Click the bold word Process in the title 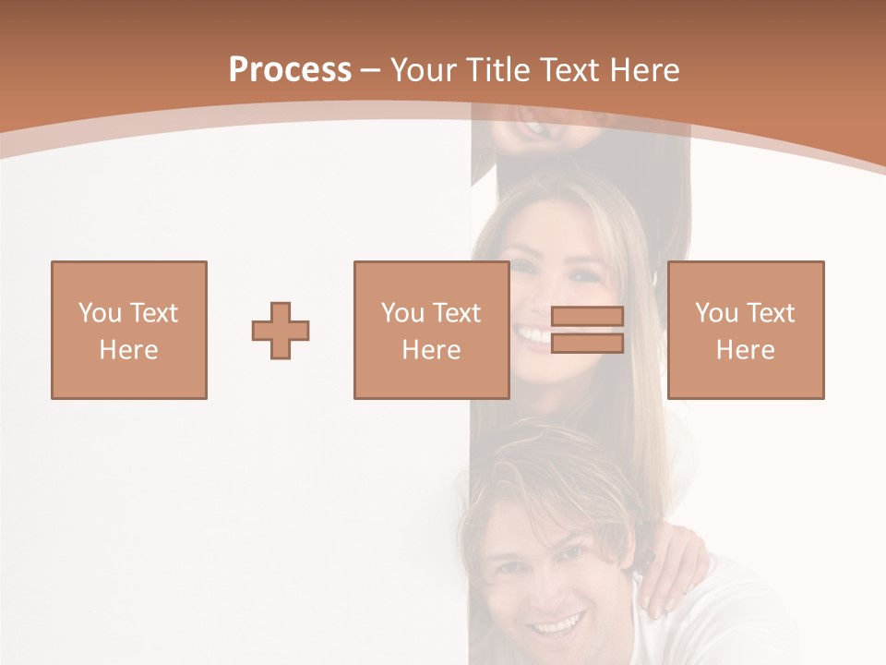coord(290,70)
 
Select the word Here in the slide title coord(643,70)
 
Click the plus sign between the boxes coord(281,331)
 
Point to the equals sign coord(587,330)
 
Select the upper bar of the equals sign coord(587,317)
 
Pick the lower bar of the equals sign coord(587,343)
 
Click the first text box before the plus coord(129,330)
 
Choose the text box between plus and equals coord(431,330)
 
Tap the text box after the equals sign coord(745,330)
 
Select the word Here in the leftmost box coord(128,350)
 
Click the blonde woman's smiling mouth coord(533,332)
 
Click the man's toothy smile coord(555,626)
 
